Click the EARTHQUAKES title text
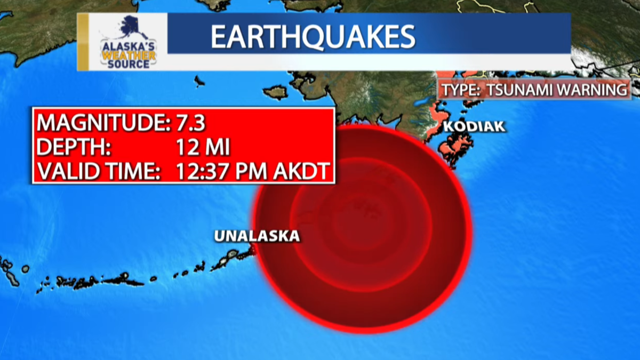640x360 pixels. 313,36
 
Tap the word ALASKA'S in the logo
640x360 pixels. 128,46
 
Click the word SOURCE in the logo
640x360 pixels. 128,64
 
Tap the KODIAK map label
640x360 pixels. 474,127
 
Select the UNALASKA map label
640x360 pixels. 257,236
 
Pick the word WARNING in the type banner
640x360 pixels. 593,90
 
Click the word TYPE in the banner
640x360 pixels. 460,90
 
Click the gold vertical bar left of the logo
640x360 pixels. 83,42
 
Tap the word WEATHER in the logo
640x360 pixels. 128,55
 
